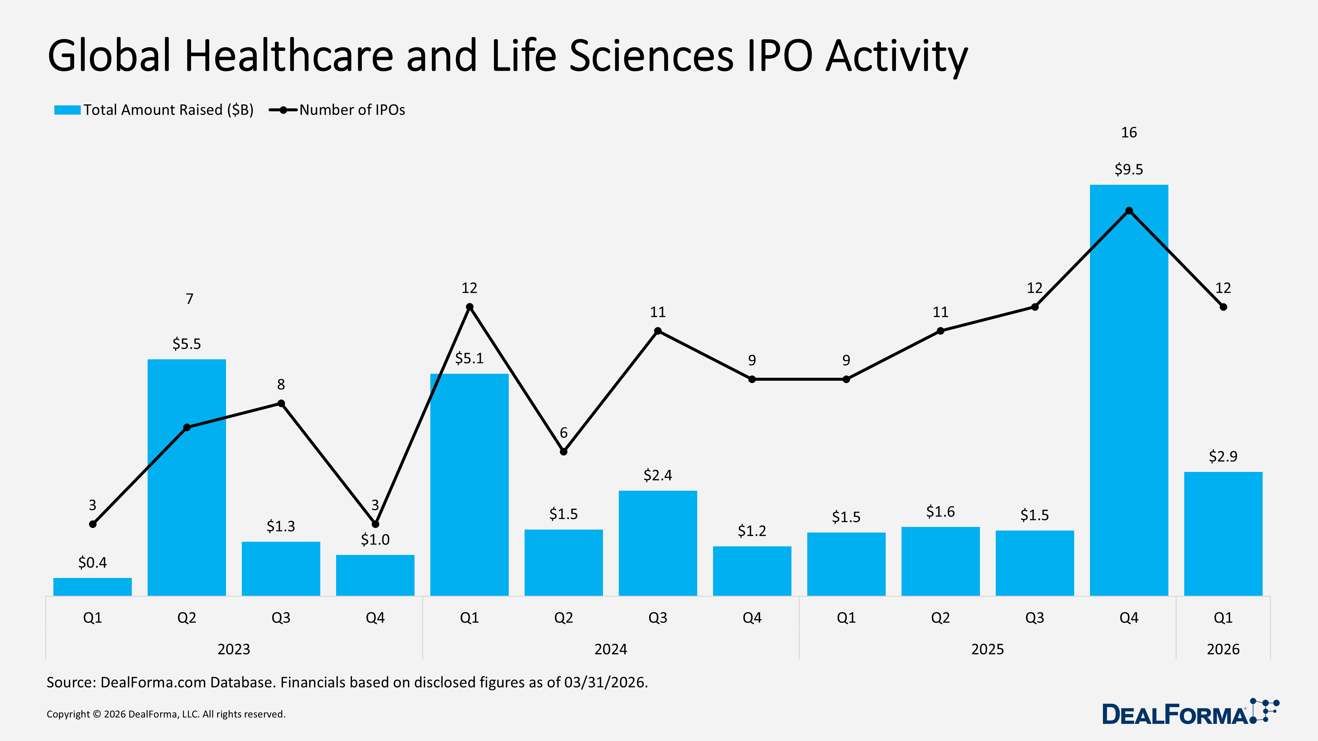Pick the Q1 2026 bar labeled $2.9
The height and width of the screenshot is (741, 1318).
[1223, 535]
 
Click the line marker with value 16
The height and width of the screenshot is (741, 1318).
[1129, 211]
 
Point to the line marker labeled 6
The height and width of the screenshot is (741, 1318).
[563, 452]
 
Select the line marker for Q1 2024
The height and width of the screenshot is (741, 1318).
[470, 307]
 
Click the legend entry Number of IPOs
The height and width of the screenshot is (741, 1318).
[352, 110]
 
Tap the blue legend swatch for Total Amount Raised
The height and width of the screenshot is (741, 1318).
[67, 110]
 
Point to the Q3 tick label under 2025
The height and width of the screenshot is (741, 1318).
[1035, 618]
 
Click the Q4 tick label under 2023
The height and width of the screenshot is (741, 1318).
[375, 618]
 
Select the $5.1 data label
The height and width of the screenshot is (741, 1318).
[469, 358]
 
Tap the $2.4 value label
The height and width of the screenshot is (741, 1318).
[657, 475]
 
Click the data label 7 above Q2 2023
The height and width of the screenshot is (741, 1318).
[189, 299]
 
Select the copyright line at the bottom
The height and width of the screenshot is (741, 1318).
[166, 714]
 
